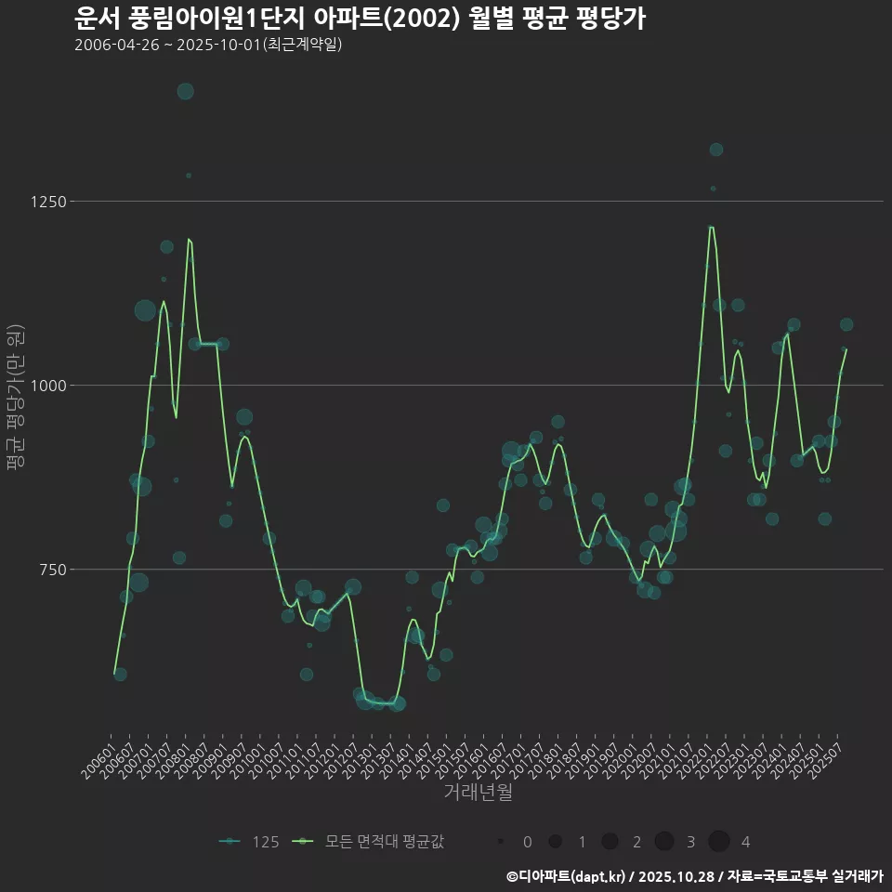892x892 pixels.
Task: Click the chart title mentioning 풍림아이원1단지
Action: [360, 19]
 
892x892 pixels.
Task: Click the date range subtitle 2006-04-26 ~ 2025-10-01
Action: [208, 45]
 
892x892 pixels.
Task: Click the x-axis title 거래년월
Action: [478, 793]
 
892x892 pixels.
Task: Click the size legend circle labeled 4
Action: [719, 842]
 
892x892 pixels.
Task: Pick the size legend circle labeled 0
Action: [501, 842]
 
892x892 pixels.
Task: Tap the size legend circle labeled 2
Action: [610, 842]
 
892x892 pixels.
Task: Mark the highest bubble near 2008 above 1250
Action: [185, 91]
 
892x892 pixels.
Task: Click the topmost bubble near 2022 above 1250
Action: [715, 150]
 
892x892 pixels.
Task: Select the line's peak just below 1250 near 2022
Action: [711, 227]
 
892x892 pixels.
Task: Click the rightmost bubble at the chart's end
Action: [846, 324]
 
